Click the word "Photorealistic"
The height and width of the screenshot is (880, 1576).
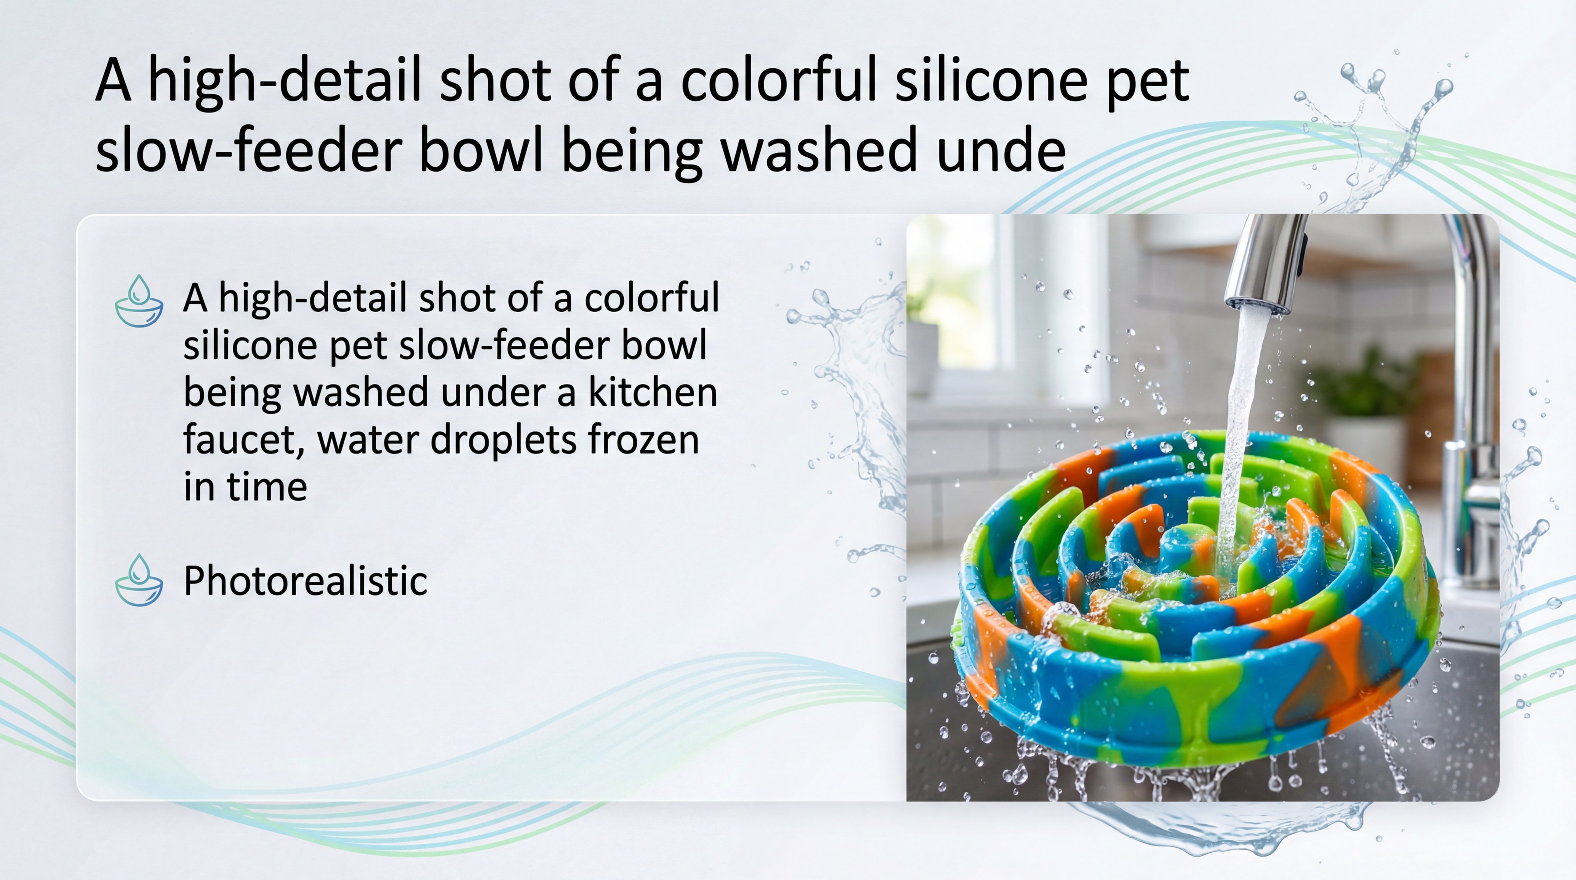tap(305, 581)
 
